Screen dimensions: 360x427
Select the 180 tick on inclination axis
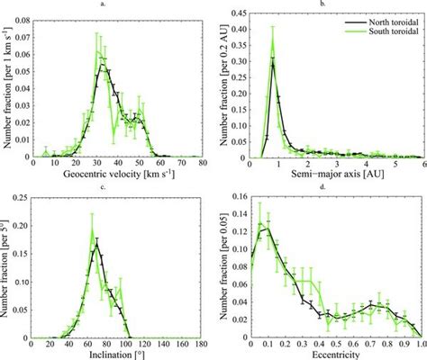coord(204,344)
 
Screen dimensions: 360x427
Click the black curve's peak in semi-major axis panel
coord(272,62)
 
